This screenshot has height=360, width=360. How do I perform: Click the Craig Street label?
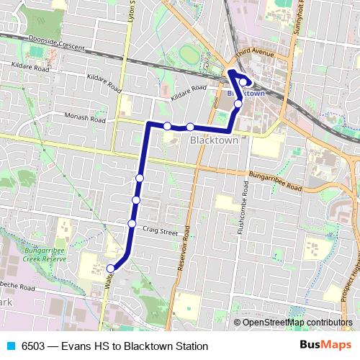click(160, 232)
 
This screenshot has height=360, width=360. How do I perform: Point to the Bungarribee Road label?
click(264, 180)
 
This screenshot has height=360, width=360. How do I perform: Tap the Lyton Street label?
click(131, 14)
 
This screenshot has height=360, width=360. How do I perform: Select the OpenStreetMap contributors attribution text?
click(297, 323)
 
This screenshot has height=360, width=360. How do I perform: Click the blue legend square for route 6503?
click(10, 346)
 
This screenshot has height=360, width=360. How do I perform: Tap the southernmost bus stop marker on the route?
click(111, 269)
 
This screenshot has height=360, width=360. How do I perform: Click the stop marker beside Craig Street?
click(132, 223)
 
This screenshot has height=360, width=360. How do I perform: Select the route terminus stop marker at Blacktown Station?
click(243, 81)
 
